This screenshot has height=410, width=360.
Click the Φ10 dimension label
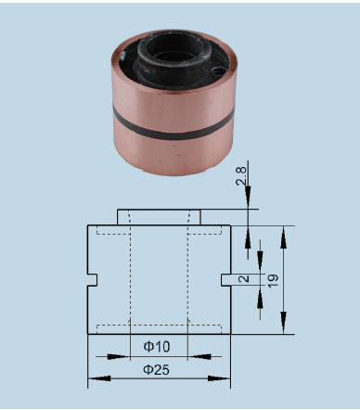point(157,346)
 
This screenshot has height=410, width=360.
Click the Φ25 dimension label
point(156,369)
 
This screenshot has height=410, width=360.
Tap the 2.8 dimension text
point(241,176)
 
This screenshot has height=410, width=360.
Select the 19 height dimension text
point(273,281)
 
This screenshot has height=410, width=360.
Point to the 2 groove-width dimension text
point(244,278)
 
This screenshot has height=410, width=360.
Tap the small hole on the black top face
point(219,71)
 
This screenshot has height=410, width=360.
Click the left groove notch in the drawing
point(93,280)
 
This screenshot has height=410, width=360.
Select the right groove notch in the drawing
point(225,280)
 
